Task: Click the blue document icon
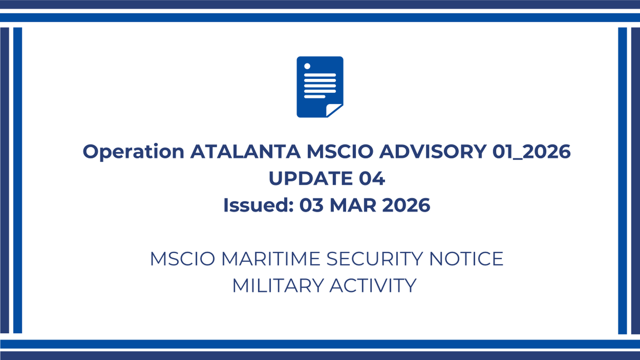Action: tap(319, 85)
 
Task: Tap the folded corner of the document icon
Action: tap(334, 110)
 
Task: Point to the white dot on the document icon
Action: tap(307, 66)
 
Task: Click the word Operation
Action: tap(133, 152)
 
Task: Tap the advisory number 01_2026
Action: tap(531, 153)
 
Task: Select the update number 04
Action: tap(372, 179)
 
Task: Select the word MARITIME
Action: tap(270, 259)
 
